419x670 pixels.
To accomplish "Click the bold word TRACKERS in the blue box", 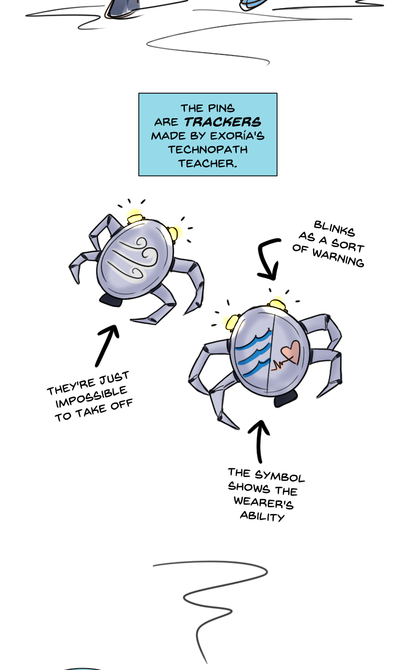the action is click(223, 122).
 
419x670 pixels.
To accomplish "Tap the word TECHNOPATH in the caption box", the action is click(208, 150).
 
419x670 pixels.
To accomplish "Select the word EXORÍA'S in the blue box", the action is click(237, 136).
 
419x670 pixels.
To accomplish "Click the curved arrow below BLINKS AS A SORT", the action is click(267, 258).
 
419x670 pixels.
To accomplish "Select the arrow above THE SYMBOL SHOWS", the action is click(259, 441).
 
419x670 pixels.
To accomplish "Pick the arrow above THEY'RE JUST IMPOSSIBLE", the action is click(107, 345).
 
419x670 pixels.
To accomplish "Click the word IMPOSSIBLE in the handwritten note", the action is click(91, 397).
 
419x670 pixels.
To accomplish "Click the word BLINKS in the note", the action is click(334, 229).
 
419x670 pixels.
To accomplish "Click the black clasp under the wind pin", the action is click(111, 300).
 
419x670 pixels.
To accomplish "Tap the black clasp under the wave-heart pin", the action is click(286, 398).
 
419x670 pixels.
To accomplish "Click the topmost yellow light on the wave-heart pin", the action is click(278, 304).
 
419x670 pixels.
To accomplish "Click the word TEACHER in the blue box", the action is click(208, 163).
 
